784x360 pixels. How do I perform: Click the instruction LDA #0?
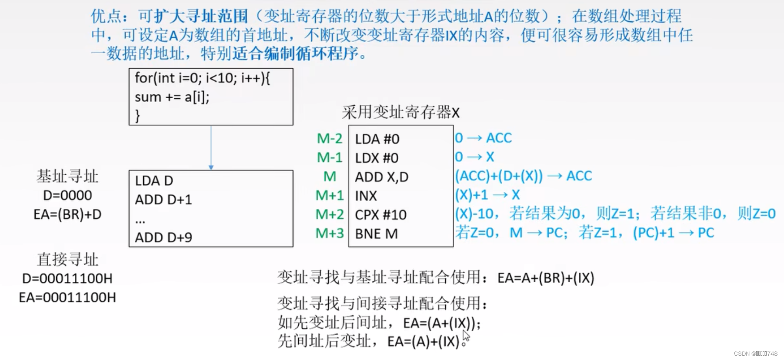[377, 139]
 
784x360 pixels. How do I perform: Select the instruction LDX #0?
[377, 158]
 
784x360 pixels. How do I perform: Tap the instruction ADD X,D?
[381, 177]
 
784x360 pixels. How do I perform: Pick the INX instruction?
[366, 196]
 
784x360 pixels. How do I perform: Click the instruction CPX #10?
[380, 215]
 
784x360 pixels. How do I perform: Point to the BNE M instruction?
[376, 234]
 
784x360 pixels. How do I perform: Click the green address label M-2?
[330, 139]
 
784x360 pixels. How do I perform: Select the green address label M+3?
[330, 233]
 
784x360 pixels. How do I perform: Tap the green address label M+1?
[330, 196]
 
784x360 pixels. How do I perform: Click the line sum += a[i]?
[172, 97]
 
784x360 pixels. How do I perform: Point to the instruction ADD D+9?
[163, 237]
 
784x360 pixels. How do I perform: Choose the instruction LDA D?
[154, 180]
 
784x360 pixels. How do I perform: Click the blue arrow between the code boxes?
[211, 148]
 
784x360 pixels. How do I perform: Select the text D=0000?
[67, 195]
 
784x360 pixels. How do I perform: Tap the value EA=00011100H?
[67, 297]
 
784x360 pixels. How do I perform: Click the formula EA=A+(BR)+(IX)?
[546, 278]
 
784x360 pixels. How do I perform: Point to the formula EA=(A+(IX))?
[441, 323]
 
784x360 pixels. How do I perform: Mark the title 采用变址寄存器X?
[400, 113]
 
